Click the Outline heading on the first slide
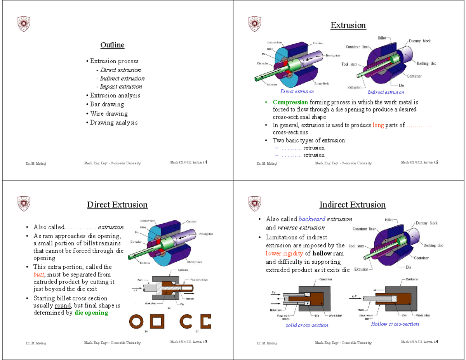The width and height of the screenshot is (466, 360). pyautogui.click(x=112, y=45)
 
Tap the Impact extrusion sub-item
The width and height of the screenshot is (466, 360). pyautogui.click(x=121, y=87)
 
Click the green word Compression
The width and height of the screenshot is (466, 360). pyautogui.click(x=290, y=102)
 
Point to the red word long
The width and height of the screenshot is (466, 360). pyautogui.click(x=378, y=125)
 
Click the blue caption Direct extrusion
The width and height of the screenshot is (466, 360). pyautogui.click(x=297, y=92)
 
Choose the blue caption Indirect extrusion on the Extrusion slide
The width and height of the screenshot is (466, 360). pyautogui.click(x=386, y=92)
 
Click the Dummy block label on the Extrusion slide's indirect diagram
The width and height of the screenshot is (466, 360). pyautogui.click(x=419, y=41)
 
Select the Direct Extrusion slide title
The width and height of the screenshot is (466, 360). pyautogui.click(x=117, y=205)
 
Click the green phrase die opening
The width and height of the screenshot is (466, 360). pyautogui.click(x=91, y=313)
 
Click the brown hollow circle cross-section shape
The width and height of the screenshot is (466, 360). pyautogui.click(x=137, y=322)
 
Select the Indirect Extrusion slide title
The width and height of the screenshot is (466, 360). pyautogui.click(x=352, y=205)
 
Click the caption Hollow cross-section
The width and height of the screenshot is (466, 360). pyautogui.click(x=395, y=324)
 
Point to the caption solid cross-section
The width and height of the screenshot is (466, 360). pyautogui.click(x=307, y=325)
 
